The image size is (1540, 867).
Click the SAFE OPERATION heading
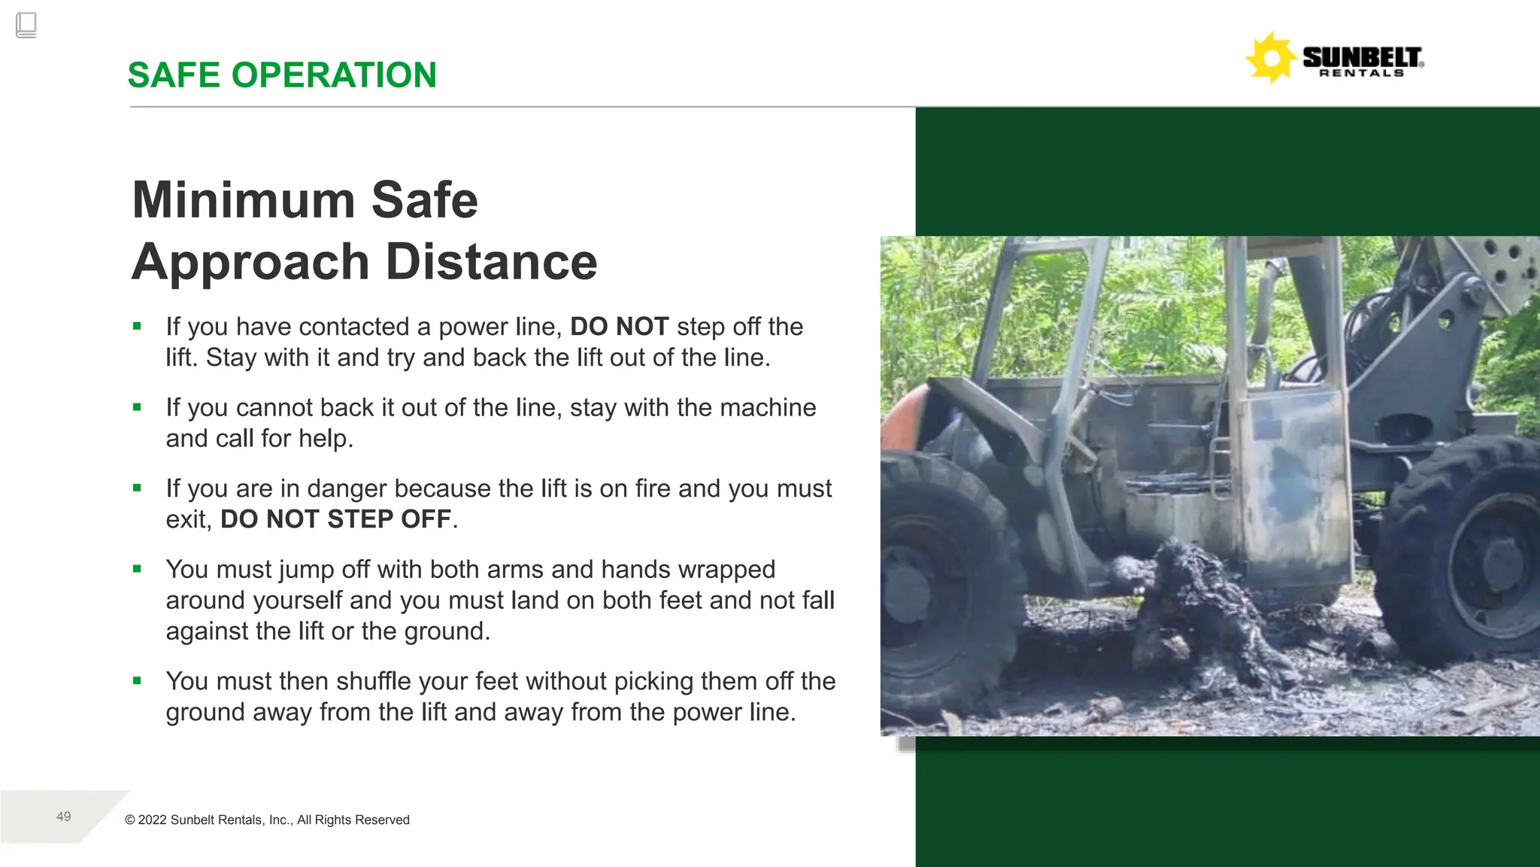point(282,75)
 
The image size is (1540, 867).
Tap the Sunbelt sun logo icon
point(1270,58)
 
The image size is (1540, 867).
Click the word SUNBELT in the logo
point(1362,56)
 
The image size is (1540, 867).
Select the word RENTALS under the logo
point(1362,74)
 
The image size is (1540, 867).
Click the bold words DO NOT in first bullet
point(619,327)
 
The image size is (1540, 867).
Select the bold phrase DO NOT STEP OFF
point(335,519)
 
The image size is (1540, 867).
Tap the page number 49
point(64,817)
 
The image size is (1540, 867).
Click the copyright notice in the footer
point(267,820)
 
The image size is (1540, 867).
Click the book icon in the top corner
point(26,26)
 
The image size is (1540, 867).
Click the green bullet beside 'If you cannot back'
point(137,408)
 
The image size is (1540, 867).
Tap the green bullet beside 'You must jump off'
point(137,570)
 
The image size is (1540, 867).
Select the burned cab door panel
point(1293,482)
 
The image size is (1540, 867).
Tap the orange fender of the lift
point(902,421)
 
